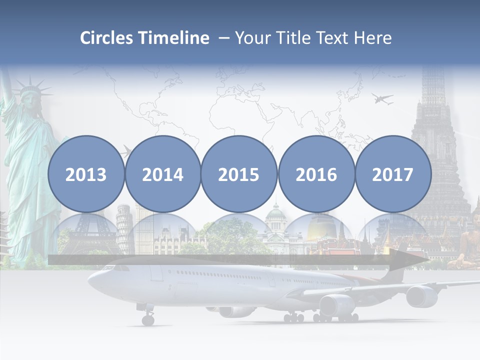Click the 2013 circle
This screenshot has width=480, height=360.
coord(86,174)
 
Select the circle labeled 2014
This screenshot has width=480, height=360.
coord(162,174)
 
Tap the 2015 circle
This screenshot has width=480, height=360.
coord(239,174)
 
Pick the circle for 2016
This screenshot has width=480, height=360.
coord(316,174)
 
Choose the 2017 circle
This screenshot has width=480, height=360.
coord(393,174)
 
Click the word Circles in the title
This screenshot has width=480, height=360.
coord(106,38)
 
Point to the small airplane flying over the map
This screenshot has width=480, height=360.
coord(382,98)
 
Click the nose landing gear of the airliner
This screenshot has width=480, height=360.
coord(148,318)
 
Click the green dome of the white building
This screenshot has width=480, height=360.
coord(275,213)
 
